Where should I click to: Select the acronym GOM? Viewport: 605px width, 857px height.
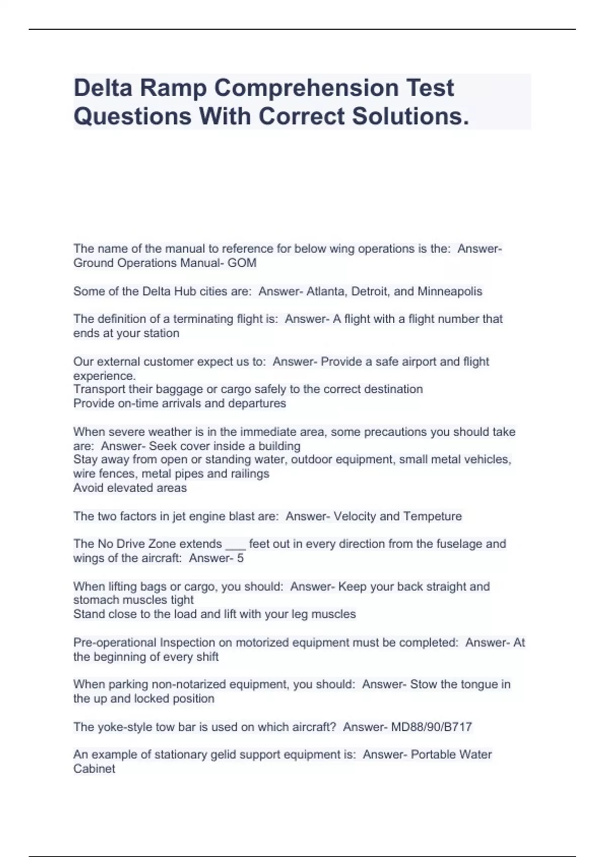(242, 263)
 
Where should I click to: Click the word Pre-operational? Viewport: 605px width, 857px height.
(115, 643)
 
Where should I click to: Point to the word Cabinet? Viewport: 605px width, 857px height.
(94, 769)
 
